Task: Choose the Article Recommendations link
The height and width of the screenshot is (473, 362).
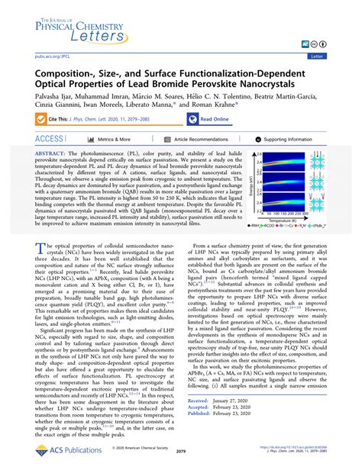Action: [201, 140]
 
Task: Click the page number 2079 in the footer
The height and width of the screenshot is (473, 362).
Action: [181, 452]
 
